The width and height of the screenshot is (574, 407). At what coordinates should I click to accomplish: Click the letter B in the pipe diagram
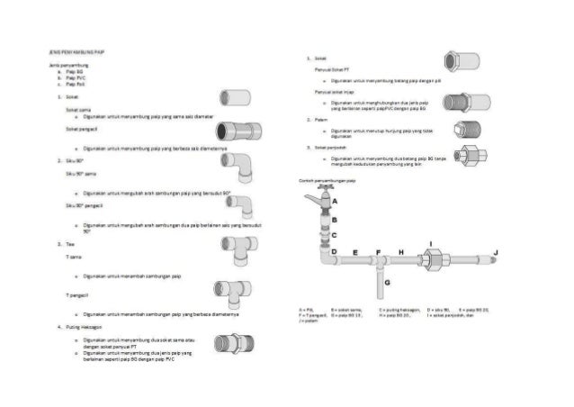(x=334, y=219)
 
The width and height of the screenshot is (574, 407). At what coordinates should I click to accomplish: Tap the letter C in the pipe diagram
(x=334, y=235)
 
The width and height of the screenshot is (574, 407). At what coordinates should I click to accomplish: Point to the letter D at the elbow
(x=334, y=251)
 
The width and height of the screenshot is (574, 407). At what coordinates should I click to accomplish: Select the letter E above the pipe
(x=356, y=251)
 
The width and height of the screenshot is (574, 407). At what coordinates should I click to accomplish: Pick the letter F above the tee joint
(x=379, y=251)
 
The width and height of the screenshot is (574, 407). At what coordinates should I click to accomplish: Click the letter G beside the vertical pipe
(x=386, y=282)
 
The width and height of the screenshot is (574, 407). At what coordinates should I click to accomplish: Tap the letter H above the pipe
(x=401, y=251)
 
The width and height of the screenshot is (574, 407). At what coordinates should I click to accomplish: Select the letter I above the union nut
(x=433, y=244)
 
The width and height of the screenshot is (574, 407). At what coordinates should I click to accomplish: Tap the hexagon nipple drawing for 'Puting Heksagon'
(x=227, y=346)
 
